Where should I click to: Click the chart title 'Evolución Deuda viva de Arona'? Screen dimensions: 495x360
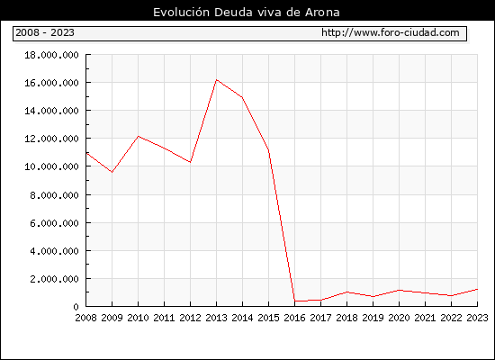pyautogui.click(x=247, y=13)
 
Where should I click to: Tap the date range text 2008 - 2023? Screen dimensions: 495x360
pyautogui.click(x=45, y=32)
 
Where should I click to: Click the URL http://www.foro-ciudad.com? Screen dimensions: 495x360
pyautogui.click(x=391, y=32)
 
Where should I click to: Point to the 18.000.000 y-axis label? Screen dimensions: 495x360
pyautogui.click(x=52, y=55)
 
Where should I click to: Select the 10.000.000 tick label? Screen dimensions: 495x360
pyautogui.click(x=52, y=166)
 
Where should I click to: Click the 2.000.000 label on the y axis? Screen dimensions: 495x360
pyautogui.click(x=54, y=279)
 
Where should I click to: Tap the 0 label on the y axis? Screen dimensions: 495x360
pyautogui.click(x=76, y=307)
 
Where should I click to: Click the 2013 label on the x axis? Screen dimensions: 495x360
pyautogui.click(x=216, y=318)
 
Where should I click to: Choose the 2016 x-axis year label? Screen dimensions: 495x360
pyautogui.click(x=294, y=318)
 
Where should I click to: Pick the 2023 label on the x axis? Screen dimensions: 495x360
pyautogui.click(x=477, y=318)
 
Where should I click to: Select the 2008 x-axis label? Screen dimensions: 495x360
pyautogui.click(x=85, y=318)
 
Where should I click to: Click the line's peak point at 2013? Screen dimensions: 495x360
pyautogui.click(x=217, y=79)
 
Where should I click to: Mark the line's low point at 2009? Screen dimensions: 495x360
pyautogui.click(x=112, y=172)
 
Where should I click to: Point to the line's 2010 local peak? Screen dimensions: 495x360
pyautogui.click(x=139, y=136)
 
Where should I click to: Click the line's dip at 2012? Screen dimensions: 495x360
pyautogui.click(x=191, y=162)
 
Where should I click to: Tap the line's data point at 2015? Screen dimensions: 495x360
pyautogui.click(x=269, y=150)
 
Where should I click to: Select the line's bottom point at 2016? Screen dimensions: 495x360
pyautogui.click(x=295, y=301)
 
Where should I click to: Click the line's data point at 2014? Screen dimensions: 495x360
pyautogui.click(x=242, y=97)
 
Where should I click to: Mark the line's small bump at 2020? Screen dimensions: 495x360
pyautogui.click(x=400, y=290)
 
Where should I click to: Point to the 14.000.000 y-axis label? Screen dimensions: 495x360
pyautogui.click(x=52, y=111)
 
